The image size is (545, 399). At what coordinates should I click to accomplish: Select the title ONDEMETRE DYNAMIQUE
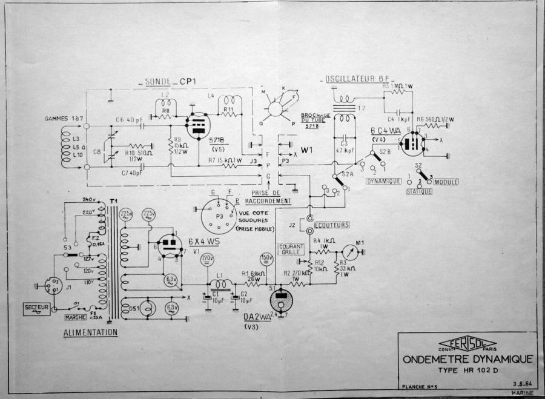(467, 359)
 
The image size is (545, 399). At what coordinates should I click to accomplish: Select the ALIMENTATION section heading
(90, 332)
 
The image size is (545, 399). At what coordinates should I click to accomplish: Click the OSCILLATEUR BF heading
(357, 79)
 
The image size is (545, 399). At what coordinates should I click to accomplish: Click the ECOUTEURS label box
(332, 225)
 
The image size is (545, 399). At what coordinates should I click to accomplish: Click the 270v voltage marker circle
(206, 260)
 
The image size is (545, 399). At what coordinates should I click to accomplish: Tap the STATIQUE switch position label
(419, 191)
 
